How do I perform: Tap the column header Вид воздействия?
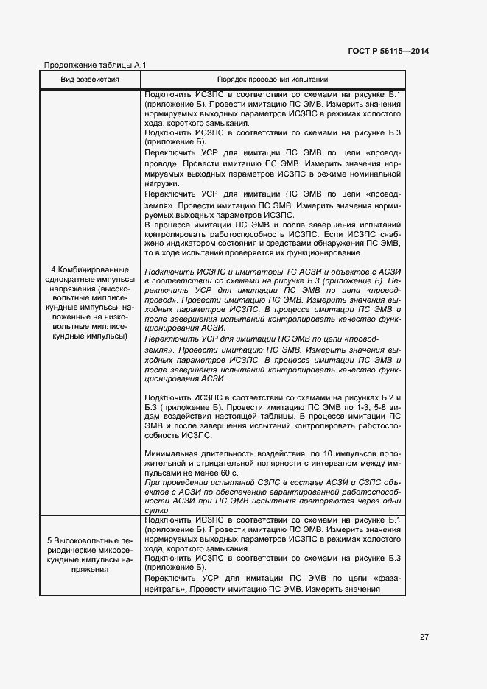pos(90,79)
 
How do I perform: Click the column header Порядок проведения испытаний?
pos(273,79)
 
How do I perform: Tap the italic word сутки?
pos(158,511)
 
